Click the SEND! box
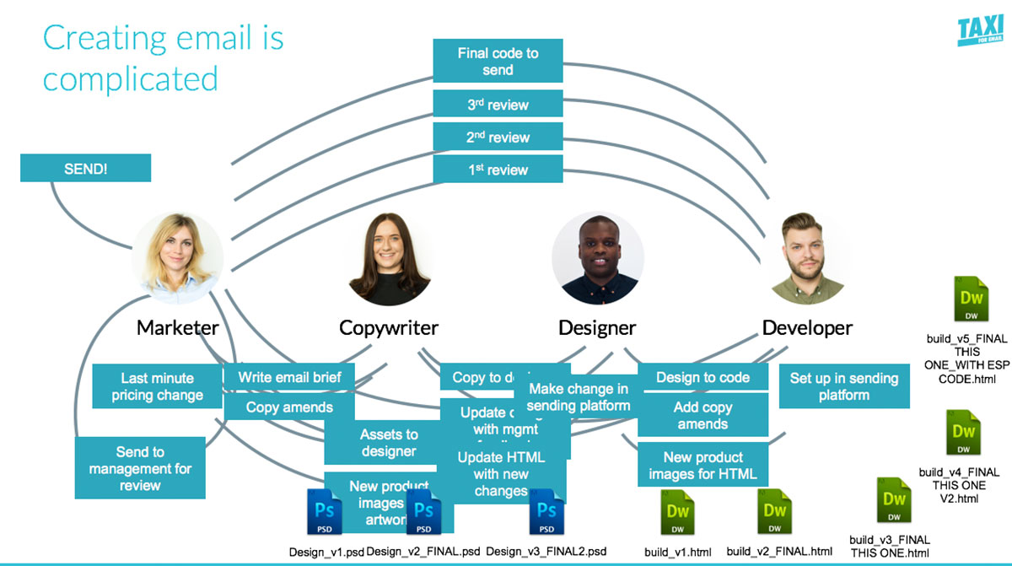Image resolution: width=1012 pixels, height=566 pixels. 85,169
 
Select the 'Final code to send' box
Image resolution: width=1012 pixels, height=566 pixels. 498,62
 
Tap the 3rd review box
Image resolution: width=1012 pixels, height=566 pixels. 498,105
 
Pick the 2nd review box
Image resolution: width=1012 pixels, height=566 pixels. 498,137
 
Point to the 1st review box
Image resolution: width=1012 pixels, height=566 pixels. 498,170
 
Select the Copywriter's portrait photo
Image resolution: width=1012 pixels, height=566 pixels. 389,258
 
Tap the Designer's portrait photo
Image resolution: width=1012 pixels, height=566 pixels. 597,258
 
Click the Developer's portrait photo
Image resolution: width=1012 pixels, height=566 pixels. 806,258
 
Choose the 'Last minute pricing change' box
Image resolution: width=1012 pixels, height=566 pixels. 157,386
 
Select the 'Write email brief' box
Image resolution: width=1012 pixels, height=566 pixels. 289,377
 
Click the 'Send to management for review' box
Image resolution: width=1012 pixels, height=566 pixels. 140,468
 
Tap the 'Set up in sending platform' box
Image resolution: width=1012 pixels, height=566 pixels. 843,386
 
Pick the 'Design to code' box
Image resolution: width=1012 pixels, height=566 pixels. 702,377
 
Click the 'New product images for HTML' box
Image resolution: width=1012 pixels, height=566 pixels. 702,466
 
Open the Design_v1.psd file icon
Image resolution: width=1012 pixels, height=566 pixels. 325,513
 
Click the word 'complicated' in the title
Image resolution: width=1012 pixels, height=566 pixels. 131,79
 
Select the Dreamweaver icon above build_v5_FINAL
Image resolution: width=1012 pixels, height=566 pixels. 972,300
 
